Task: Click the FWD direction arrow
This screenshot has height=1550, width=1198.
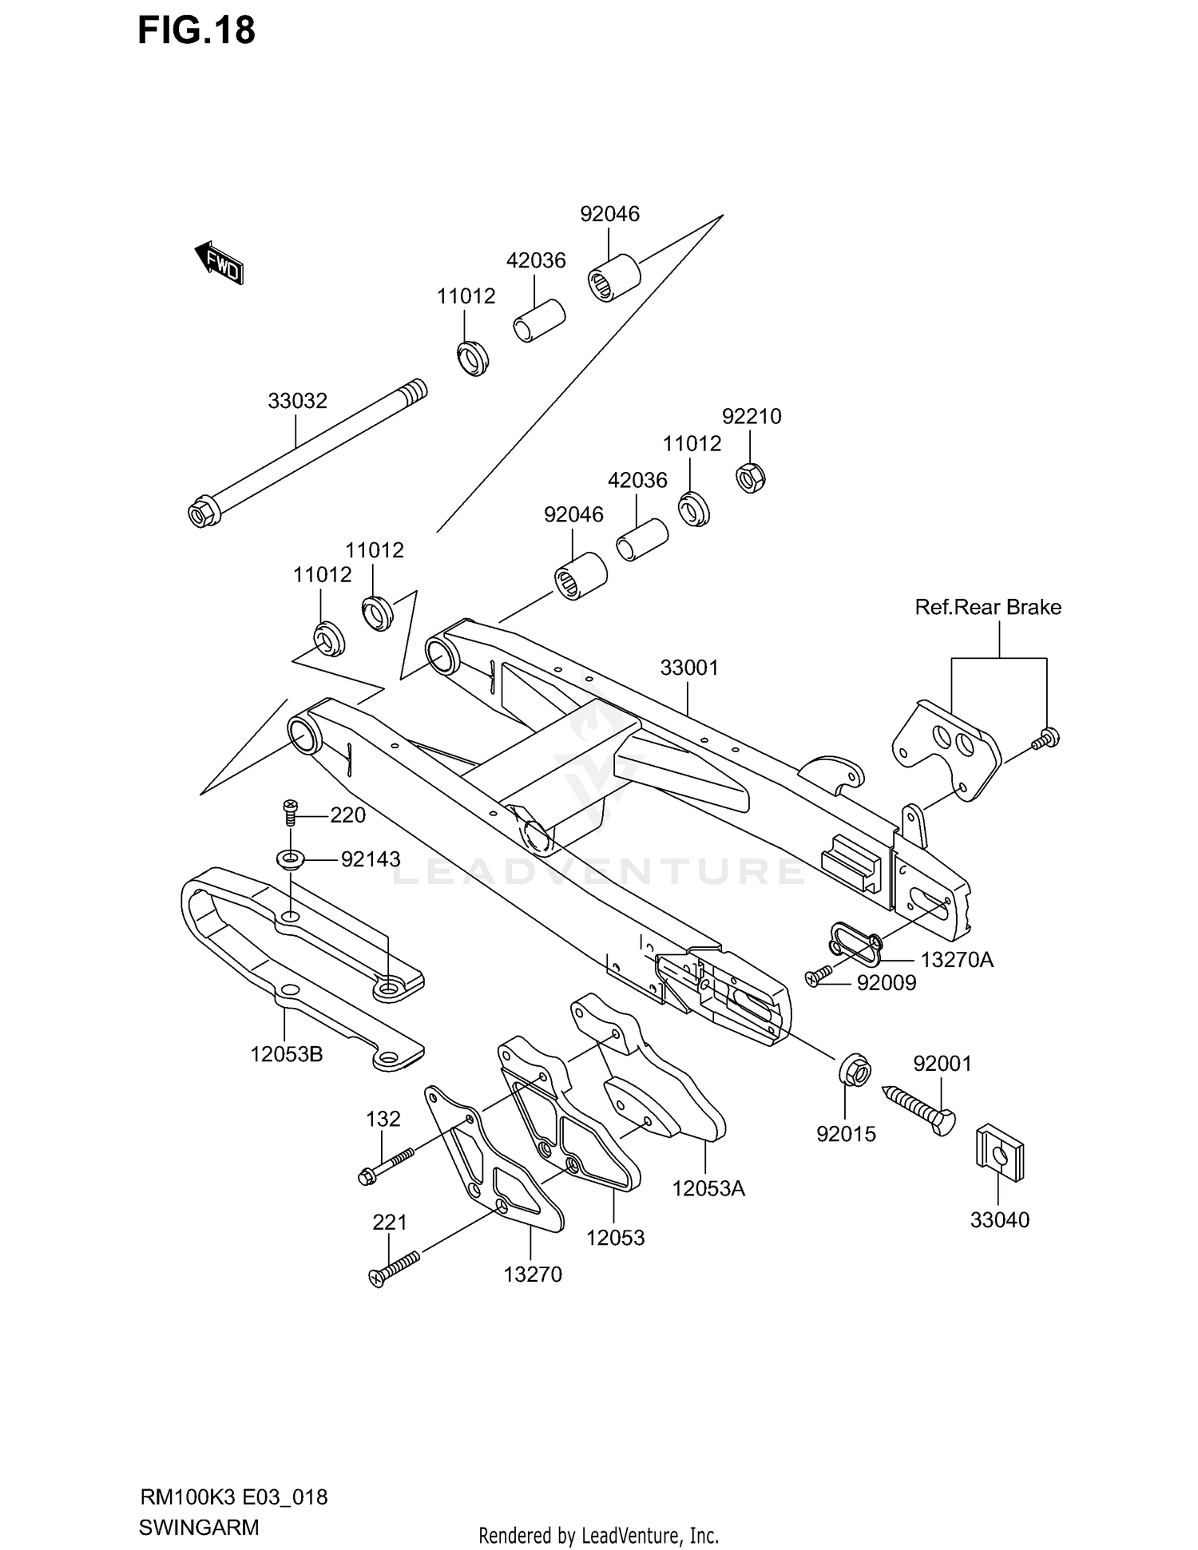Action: (x=219, y=262)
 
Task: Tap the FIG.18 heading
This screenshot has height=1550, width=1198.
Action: (x=196, y=31)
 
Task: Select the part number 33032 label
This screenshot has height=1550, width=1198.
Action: (x=297, y=401)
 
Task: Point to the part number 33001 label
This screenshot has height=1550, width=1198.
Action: (x=689, y=668)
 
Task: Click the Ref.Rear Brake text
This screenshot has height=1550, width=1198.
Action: (x=988, y=607)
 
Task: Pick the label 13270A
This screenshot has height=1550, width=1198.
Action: (x=957, y=960)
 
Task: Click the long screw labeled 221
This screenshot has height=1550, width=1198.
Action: (x=395, y=1269)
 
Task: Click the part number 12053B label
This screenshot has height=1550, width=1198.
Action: (x=286, y=1054)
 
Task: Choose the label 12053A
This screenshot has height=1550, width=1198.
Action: (x=708, y=1189)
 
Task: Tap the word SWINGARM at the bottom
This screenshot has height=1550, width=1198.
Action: (x=199, y=1528)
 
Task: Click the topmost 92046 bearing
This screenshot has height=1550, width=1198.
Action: (x=614, y=277)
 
